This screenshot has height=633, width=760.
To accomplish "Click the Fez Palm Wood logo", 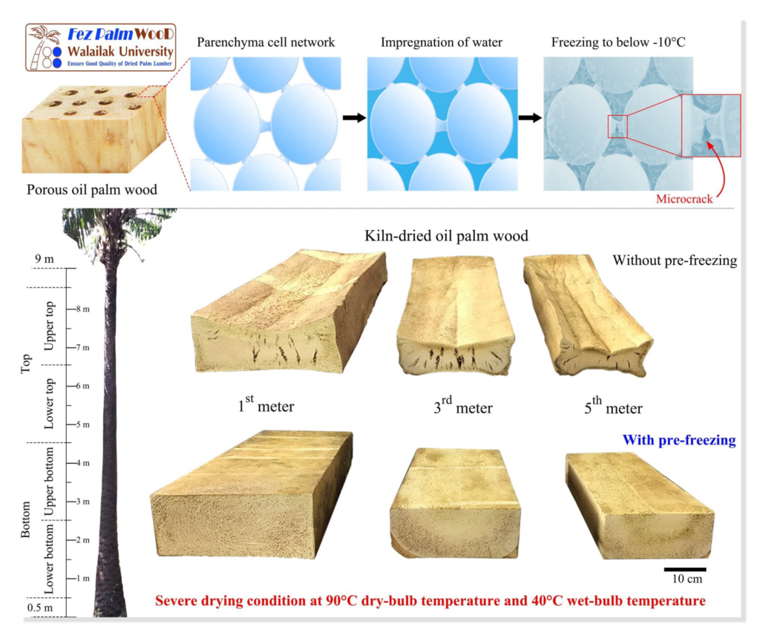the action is click(100, 47).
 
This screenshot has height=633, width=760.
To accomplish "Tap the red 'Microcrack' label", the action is click(684, 199).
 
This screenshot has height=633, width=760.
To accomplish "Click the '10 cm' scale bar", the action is click(685, 569).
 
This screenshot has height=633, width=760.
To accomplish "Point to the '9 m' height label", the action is click(44, 259).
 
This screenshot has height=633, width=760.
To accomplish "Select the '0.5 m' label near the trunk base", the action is click(40, 608).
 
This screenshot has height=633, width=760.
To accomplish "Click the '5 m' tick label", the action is click(82, 424).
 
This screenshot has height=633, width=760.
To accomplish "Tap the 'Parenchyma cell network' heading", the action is click(266, 42).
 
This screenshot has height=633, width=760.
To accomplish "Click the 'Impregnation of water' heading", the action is click(442, 42).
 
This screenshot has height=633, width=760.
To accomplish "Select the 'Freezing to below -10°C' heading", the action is click(618, 42).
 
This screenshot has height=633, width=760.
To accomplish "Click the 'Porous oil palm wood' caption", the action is click(92, 189).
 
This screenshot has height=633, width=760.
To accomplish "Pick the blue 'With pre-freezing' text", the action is click(679, 440).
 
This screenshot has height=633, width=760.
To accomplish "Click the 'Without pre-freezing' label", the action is click(675, 260).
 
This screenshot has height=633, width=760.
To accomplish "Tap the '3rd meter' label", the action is click(463, 406).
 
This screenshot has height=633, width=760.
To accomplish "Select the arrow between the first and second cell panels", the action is click(354, 118).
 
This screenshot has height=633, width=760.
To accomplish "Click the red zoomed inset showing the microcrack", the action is click(711, 125).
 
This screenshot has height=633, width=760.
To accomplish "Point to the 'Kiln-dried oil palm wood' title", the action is click(446, 236).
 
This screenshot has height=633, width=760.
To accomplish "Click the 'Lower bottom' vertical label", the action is click(49, 559).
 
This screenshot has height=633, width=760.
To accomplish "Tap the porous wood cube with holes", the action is click(94, 129).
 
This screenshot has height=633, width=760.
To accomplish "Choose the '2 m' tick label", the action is click(82, 540).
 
